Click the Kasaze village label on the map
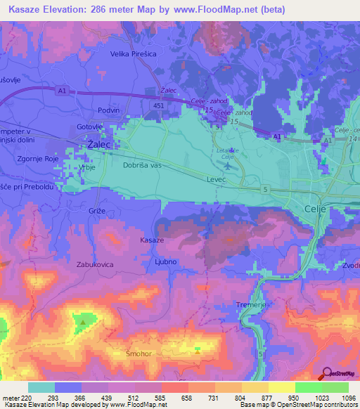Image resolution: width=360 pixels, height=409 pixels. point(152,240)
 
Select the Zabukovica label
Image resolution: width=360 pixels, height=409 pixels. point(95,265)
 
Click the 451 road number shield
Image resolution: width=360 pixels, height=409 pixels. point(159,105)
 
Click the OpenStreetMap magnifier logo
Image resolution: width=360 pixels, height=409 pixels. point(326,372)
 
